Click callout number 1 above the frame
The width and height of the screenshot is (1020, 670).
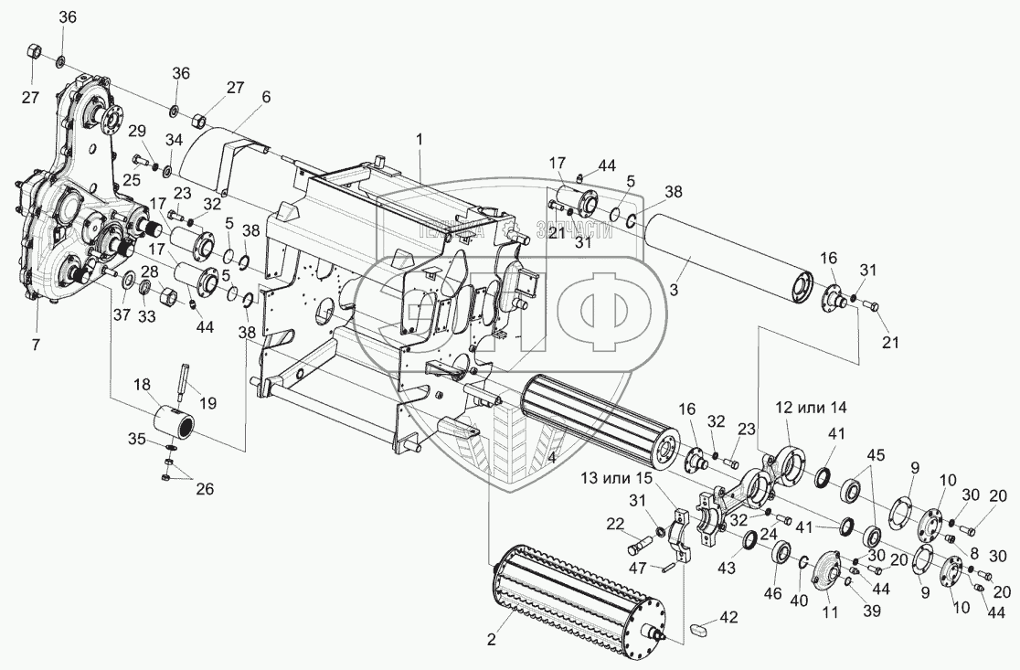pos(420,141)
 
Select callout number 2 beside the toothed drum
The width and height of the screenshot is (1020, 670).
pos(491,639)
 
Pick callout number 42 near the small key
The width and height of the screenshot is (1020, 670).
pos(728,617)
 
